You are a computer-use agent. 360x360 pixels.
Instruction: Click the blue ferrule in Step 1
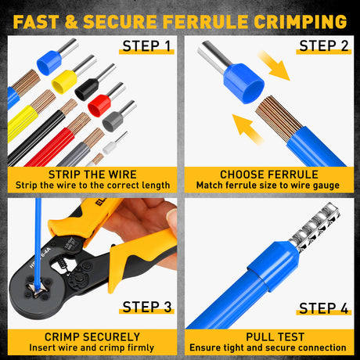[x=48, y=59]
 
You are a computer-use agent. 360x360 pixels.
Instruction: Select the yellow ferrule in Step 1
[x=64, y=78]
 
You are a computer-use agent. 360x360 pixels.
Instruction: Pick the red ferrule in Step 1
[x=100, y=103]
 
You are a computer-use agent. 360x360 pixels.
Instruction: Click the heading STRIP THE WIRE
[x=91, y=174]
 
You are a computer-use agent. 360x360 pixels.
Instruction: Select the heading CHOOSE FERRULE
[x=269, y=174]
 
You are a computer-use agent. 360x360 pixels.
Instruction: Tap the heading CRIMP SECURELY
[x=91, y=336]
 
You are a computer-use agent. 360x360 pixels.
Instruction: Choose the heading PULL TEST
[x=269, y=336]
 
